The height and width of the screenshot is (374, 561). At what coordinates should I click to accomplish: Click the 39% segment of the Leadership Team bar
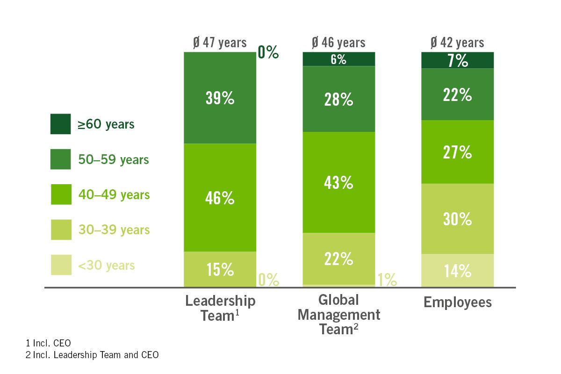[220, 98]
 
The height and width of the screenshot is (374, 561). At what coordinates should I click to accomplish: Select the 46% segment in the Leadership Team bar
[220, 198]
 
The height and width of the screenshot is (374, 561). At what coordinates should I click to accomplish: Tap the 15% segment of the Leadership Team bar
[220, 269]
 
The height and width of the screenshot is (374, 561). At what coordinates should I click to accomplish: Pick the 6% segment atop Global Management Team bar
[339, 59]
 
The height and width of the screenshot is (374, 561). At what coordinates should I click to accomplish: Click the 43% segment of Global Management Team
[339, 182]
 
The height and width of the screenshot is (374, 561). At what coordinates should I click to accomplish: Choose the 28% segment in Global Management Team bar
[339, 99]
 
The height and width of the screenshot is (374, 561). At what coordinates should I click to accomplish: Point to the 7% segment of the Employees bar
[458, 60]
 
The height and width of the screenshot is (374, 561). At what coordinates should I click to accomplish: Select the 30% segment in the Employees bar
[458, 219]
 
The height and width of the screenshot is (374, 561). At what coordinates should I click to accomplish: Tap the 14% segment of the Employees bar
[458, 271]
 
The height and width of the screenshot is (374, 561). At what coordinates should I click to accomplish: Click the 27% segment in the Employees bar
[458, 152]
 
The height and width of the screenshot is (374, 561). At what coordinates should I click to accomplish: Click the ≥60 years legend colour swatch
[61, 124]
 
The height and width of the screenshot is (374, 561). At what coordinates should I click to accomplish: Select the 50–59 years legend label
[113, 160]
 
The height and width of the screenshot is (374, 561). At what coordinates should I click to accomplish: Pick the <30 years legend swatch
[61, 265]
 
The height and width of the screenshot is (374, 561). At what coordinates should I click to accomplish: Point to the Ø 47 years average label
[220, 43]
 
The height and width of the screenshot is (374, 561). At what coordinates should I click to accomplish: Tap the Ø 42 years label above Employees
[457, 43]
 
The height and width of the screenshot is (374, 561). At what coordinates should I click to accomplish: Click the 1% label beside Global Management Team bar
[387, 280]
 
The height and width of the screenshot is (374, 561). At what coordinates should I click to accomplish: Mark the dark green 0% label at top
[268, 53]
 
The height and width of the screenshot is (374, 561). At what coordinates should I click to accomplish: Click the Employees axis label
[458, 302]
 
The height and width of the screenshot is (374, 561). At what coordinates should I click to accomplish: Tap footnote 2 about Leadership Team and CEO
[92, 355]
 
